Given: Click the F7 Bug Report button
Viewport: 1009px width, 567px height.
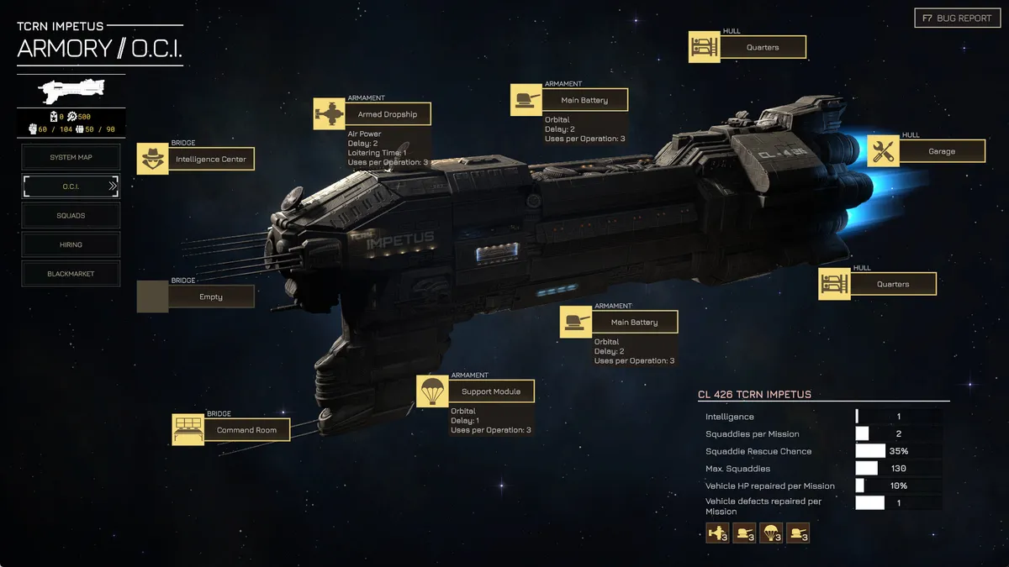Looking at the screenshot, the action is click(x=957, y=18).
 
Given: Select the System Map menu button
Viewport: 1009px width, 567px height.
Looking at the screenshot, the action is click(x=71, y=157).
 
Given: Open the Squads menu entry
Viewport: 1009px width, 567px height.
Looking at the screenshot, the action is click(x=71, y=216).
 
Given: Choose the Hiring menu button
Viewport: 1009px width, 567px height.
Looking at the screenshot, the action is click(x=71, y=244).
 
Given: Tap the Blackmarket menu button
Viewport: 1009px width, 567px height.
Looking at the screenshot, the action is click(x=71, y=274).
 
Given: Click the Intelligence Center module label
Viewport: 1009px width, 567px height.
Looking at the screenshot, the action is click(x=211, y=159).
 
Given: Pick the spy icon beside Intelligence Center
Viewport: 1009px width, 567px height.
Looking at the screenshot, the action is click(x=153, y=159).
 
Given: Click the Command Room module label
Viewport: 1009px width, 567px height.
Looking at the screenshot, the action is click(x=247, y=430).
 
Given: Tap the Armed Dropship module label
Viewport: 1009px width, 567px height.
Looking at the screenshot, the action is click(x=388, y=114).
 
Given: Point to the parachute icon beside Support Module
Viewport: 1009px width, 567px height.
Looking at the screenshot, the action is click(x=432, y=391).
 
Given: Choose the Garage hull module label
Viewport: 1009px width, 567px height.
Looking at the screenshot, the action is click(x=942, y=151).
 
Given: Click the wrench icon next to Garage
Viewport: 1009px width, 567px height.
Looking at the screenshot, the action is click(x=884, y=151).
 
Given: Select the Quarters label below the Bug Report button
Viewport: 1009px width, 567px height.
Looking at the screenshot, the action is click(x=763, y=47).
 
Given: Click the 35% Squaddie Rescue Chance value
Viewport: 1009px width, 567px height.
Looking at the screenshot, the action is click(x=899, y=451).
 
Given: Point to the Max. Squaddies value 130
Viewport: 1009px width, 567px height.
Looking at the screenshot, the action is click(x=899, y=469).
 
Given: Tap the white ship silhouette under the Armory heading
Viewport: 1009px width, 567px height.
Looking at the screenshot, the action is click(x=71, y=91).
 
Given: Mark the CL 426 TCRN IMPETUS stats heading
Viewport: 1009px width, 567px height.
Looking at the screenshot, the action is click(x=754, y=395).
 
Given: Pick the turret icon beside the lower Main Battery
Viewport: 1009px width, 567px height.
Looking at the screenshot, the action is click(x=576, y=323).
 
